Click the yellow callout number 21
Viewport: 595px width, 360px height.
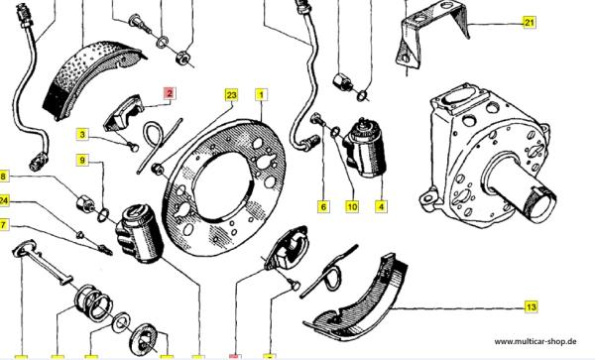coord(529,23)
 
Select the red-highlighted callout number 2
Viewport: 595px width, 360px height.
coord(169,93)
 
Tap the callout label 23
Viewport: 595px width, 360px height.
coord(231,95)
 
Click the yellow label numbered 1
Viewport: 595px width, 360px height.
coord(261,95)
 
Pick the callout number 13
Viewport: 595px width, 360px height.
coord(532,306)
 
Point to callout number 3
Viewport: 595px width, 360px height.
coord(82,134)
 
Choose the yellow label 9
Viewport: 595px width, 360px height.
coord(82,160)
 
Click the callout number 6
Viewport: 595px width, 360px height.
coord(323,206)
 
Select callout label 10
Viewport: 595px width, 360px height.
coord(352,206)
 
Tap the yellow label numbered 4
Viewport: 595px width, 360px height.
coord(381,206)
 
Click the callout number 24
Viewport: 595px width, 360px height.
coord(3,200)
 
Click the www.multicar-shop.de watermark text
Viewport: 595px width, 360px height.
coord(535,341)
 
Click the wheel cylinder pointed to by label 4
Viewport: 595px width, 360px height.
coord(364,148)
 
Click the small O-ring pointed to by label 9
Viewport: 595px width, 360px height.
coord(103,215)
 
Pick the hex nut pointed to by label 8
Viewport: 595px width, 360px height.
coord(84,203)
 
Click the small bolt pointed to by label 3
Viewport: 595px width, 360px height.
coord(134,146)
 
